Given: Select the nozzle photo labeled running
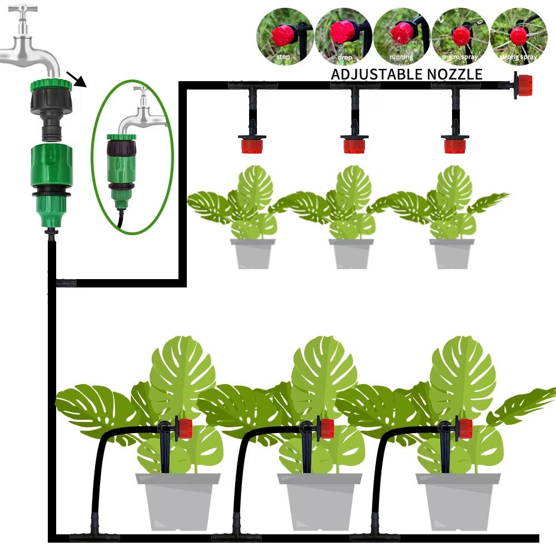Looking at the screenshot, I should pyautogui.click(x=401, y=37).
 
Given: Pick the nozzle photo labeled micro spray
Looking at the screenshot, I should pyautogui.click(x=460, y=37).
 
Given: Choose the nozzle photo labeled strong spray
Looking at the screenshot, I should pyautogui.click(x=518, y=37).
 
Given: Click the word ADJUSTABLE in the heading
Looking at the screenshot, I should pyautogui.click(x=378, y=74).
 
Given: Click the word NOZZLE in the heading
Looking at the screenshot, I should pyautogui.click(x=455, y=74).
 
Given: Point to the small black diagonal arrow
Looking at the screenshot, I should pyautogui.click(x=77, y=80).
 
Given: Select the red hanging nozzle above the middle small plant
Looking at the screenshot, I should pyautogui.click(x=354, y=146).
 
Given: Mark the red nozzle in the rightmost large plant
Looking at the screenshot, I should pyautogui.click(x=465, y=429).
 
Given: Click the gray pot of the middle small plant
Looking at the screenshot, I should pyautogui.click(x=351, y=254).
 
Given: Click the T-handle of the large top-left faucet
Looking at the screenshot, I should pyautogui.click(x=23, y=8).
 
